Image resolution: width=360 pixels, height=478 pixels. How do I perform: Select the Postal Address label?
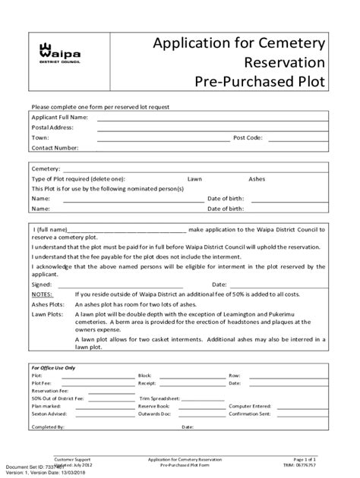(52, 127)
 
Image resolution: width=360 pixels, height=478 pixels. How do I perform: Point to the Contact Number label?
(55, 148)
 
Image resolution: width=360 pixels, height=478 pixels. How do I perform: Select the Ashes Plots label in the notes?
(47, 303)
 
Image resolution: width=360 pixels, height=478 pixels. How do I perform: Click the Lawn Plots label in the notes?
(46, 313)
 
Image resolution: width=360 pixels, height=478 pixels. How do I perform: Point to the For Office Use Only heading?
(54, 366)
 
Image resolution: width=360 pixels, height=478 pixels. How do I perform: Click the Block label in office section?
(145, 376)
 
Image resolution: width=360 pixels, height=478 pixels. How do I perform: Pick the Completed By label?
(48, 427)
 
